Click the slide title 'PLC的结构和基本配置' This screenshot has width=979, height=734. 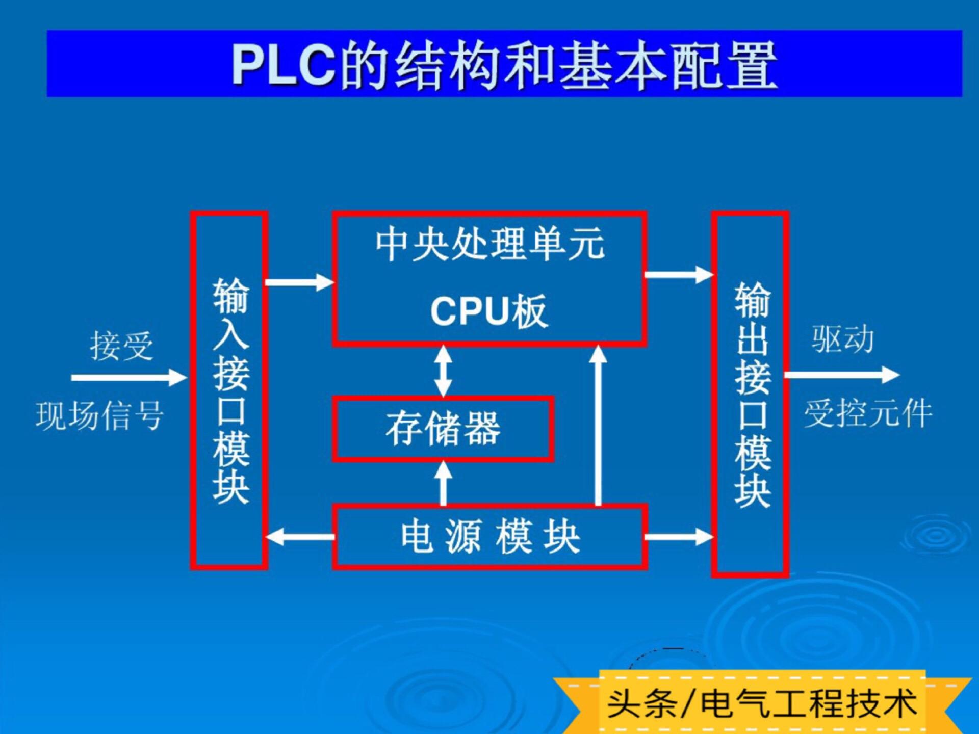click(504, 65)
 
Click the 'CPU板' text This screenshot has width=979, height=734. click(488, 310)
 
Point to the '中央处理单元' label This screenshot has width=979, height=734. click(490, 245)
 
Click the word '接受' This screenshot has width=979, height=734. click(121, 346)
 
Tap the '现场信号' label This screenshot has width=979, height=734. click(99, 415)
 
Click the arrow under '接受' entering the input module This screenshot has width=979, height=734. click(130, 378)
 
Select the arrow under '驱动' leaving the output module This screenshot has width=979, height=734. click(842, 375)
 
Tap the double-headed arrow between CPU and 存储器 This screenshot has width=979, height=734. click(443, 371)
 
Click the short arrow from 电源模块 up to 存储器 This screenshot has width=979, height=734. click(443, 483)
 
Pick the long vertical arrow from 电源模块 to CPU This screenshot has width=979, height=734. click(598, 426)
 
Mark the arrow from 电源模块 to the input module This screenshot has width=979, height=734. click(300, 537)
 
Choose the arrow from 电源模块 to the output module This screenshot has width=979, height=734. click(679, 536)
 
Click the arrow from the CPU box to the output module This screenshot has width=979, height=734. click(679, 274)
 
